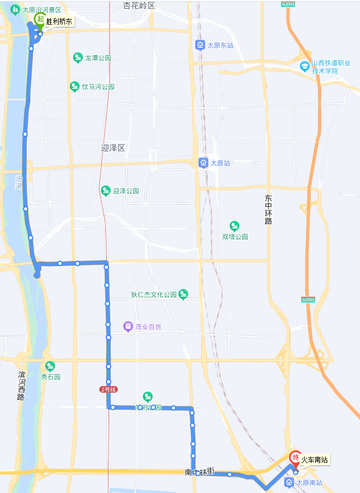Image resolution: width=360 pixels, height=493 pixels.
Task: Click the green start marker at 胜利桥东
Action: click(x=40, y=20)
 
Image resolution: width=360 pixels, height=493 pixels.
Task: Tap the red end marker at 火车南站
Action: click(x=296, y=458)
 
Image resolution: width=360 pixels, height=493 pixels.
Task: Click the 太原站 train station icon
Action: click(x=203, y=163)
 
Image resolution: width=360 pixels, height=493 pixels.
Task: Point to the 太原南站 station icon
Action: click(x=288, y=483)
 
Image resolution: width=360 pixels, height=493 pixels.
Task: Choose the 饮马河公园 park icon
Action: click(x=75, y=87)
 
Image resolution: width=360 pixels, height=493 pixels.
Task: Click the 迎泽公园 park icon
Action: click(x=105, y=190)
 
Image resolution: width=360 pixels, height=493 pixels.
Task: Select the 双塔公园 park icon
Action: click(x=235, y=226)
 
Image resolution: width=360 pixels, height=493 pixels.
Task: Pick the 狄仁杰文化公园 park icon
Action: click(x=183, y=294)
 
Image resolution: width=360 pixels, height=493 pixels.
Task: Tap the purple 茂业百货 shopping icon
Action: click(x=128, y=327)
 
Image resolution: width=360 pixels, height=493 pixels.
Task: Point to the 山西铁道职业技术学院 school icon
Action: click(x=305, y=67)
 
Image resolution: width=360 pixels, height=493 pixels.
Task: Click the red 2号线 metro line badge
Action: click(x=109, y=389)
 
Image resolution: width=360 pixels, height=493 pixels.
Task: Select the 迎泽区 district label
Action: click(x=113, y=148)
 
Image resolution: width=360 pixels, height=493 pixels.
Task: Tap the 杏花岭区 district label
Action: click(x=139, y=5)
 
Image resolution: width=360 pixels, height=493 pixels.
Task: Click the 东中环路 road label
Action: click(x=268, y=210)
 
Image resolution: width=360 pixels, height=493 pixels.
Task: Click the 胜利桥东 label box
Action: click(x=58, y=22)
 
